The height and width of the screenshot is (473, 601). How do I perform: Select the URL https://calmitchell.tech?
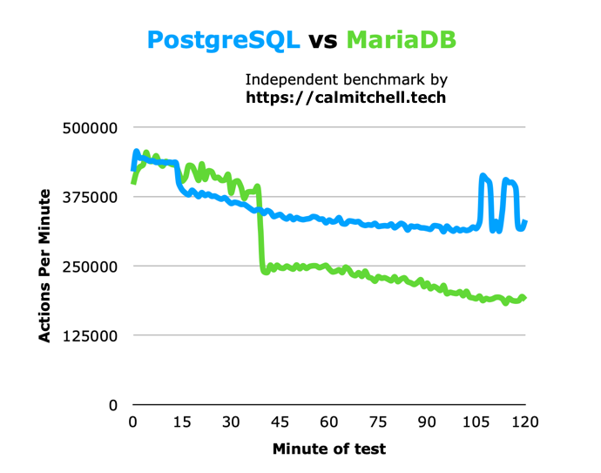(346, 98)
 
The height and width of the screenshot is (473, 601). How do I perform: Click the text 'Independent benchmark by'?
(346, 78)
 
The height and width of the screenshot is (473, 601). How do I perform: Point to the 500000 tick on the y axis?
(91, 128)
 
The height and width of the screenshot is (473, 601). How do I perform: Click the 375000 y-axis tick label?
(91, 197)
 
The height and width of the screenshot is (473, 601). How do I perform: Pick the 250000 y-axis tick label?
(91, 266)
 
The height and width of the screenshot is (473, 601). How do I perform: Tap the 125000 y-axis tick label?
(91, 335)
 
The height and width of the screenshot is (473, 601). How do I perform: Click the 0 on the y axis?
(112, 404)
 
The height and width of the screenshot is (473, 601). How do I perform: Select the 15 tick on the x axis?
(181, 422)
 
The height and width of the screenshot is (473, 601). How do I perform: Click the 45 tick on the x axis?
(280, 422)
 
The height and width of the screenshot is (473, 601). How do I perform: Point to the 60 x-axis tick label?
(329, 422)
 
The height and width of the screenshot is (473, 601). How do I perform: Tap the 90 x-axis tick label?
(427, 422)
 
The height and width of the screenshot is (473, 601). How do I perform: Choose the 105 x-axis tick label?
(476, 422)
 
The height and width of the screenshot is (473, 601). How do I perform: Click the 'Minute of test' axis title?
(328, 449)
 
